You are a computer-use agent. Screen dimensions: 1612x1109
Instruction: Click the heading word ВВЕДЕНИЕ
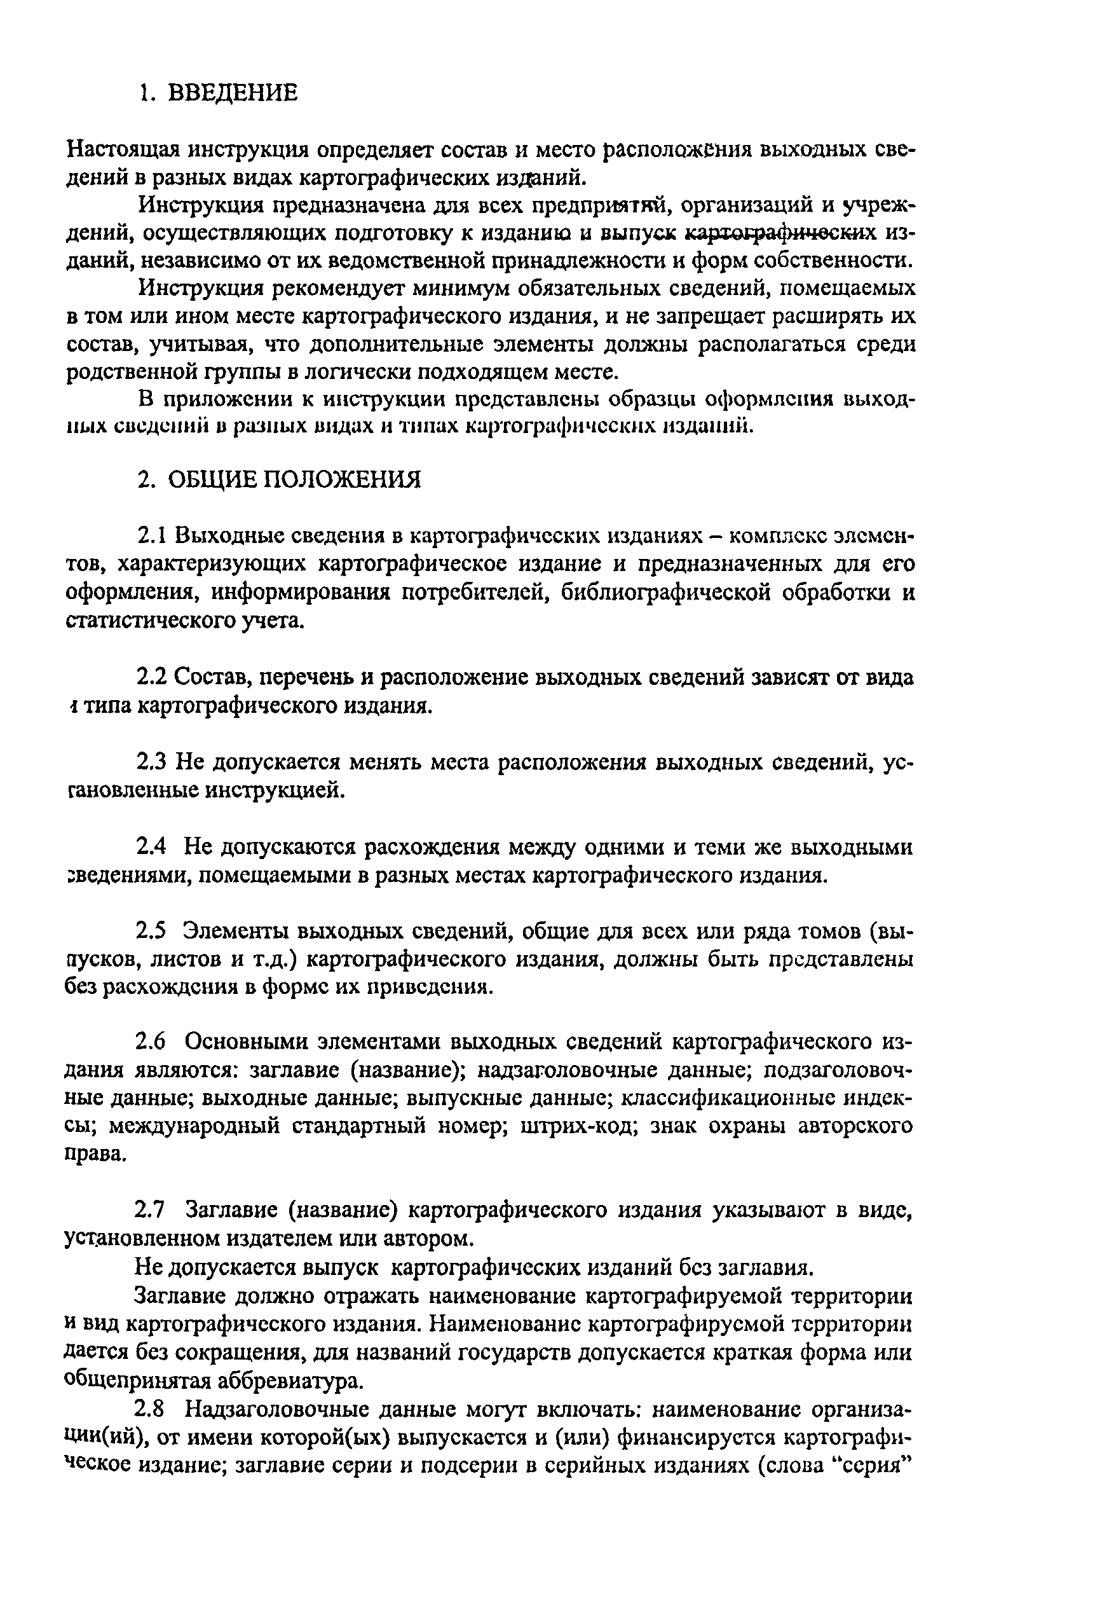pos(233,92)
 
